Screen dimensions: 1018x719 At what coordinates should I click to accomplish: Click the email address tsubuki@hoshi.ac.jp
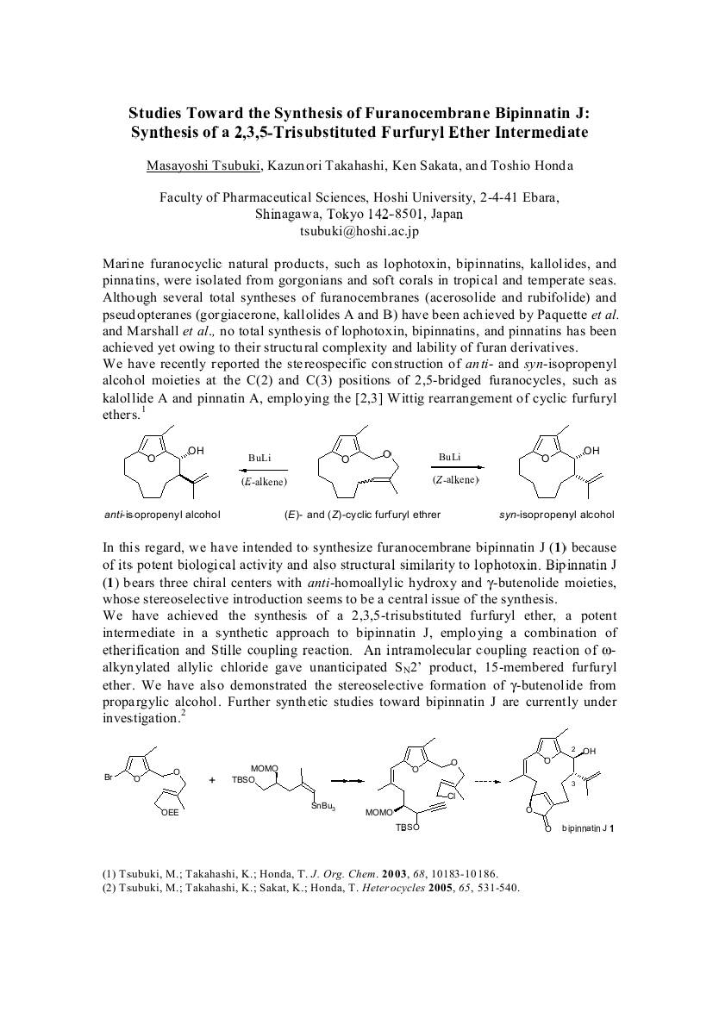coord(359,231)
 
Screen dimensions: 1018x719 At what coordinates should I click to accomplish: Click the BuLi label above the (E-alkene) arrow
coord(261,458)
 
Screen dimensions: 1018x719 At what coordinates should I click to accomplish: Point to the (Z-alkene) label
coord(455,478)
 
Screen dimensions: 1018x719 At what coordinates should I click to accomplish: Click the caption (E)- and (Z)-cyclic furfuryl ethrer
coord(362,515)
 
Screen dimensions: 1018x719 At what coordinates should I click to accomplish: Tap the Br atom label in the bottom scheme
coord(109,778)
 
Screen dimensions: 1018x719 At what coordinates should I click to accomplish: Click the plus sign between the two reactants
coord(212,780)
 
